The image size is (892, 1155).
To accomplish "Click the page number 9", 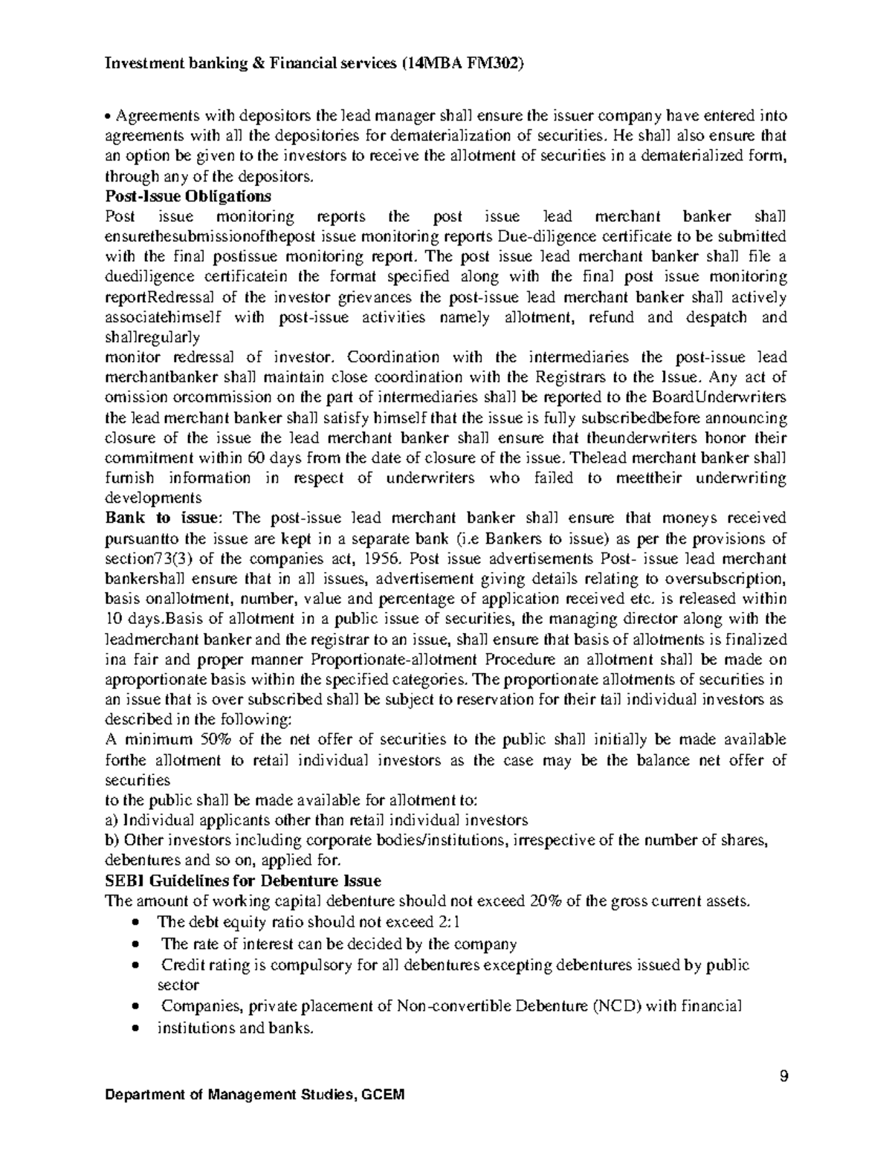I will point(783,1076).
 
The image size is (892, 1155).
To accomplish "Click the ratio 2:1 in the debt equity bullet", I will point(446,922).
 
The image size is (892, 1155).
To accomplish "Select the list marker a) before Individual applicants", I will point(111,820).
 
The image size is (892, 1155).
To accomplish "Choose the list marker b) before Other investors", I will point(112,840).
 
